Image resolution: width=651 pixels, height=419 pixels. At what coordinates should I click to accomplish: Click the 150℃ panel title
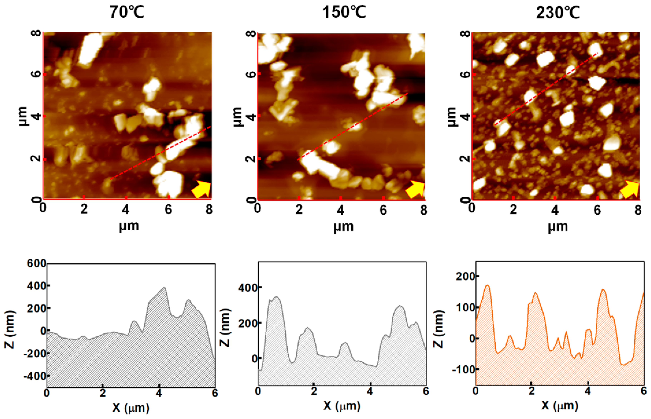[344, 12]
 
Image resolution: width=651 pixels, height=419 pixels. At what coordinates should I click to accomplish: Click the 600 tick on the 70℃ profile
[36, 263]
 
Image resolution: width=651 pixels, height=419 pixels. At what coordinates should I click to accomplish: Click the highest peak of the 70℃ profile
[164, 288]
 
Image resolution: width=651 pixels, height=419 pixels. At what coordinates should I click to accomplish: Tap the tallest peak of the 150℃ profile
[277, 297]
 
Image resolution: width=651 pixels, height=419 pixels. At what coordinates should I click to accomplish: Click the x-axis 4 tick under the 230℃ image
[555, 210]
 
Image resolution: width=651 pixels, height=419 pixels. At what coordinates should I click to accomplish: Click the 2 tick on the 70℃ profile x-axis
[103, 393]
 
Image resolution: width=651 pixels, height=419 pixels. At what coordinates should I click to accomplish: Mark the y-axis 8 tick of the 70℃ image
[36, 33]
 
